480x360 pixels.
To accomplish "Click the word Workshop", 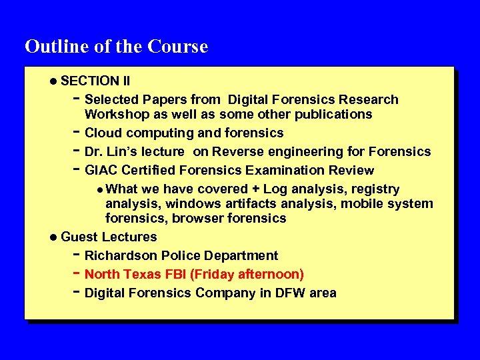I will point(115,115).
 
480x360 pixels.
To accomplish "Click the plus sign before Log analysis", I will point(255,189).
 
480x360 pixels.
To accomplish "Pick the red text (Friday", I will point(214,275).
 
